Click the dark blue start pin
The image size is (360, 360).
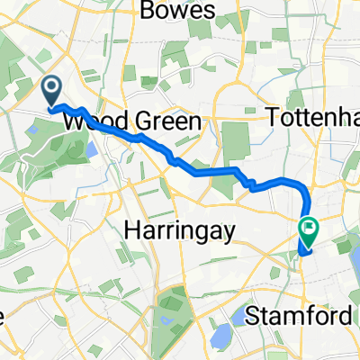pos(51,90)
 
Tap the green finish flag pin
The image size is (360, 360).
pos(309,231)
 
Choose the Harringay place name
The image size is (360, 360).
pos(179,231)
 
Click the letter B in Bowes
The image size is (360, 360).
pos(148,12)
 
